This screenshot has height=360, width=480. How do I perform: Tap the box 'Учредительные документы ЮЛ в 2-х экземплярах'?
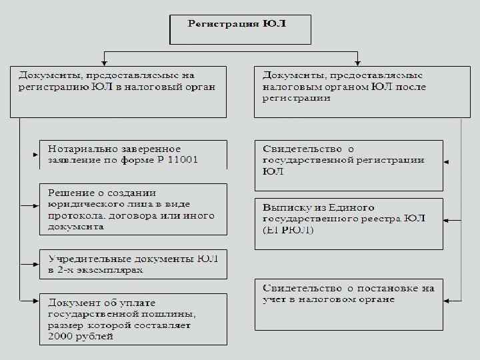point(133,264)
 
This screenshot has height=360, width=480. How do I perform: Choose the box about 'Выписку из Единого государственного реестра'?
point(348,223)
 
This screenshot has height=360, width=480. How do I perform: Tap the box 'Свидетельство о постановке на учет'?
point(348,304)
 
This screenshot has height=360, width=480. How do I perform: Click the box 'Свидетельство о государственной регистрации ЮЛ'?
point(348,165)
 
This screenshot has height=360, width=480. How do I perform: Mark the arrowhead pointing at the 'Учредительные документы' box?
point(37,263)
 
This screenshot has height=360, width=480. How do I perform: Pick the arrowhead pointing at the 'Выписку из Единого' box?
point(446,219)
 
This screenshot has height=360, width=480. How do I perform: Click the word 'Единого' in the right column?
point(352,207)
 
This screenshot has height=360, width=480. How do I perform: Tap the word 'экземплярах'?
point(107,271)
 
